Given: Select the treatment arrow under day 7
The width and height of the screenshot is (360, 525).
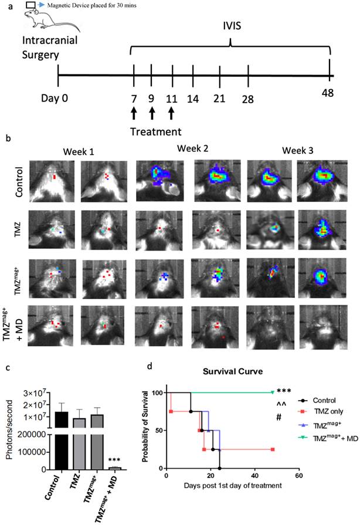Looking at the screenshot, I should [x=134, y=111].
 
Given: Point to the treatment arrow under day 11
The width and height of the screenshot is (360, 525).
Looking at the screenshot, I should [x=172, y=111].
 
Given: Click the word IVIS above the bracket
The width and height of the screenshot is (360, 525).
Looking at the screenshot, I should [x=229, y=28].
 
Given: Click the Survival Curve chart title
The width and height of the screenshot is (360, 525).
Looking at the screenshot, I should [x=230, y=372].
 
